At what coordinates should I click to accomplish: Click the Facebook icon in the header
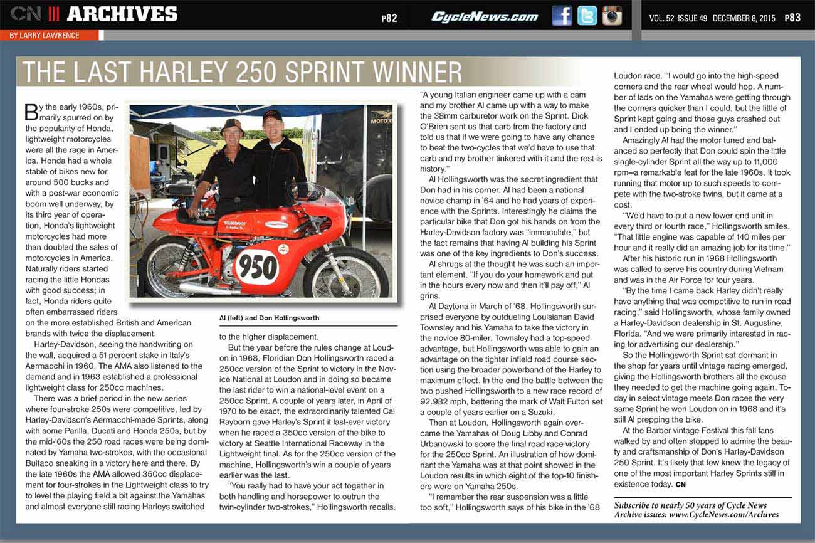pos(562,16)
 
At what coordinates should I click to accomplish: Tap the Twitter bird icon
pos(587,16)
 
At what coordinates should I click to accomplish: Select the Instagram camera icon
pos(612,16)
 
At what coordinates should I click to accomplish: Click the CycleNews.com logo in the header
pos(484,17)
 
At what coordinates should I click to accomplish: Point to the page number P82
pos(389,18)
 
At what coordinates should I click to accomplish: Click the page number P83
pos(792,18)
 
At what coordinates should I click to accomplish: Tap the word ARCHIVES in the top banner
pos(122,14)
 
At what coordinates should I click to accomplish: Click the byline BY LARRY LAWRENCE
pos(45,36)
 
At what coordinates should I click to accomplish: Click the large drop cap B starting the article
pos(31,113)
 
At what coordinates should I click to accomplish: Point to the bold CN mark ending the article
pos(680,485)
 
